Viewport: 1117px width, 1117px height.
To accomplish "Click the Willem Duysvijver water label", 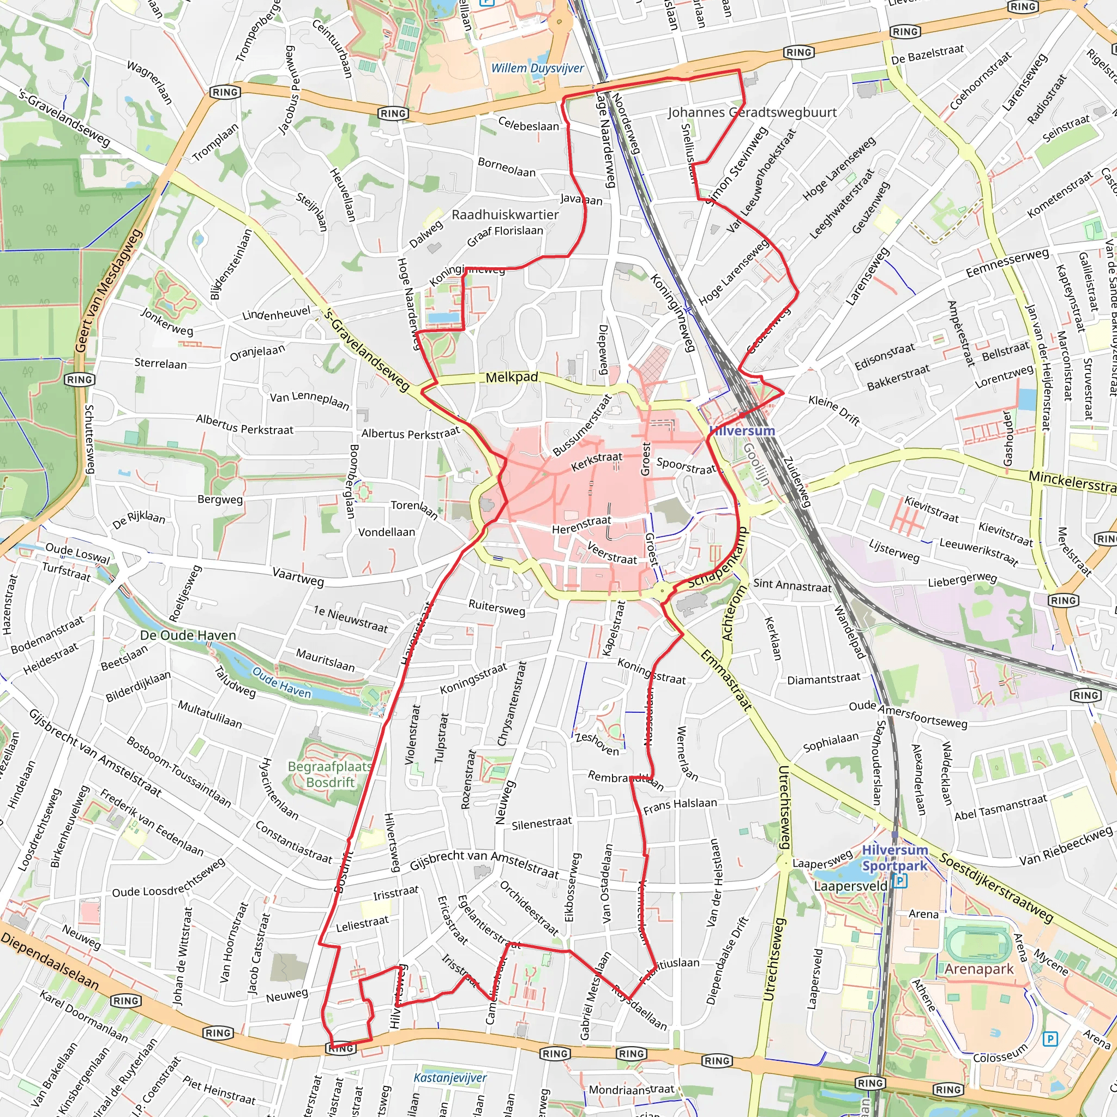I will click(537, 68).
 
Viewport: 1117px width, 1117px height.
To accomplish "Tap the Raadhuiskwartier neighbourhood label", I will click(505, 215).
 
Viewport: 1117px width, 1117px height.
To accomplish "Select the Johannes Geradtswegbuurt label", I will click(752, 112).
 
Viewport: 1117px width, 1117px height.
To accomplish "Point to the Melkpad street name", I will click(512, 377).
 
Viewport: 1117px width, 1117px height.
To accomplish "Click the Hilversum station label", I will click(742, 431).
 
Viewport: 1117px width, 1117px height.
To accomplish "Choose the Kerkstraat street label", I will click(597, 461).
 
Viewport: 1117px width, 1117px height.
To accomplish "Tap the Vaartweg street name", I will click(298, 576).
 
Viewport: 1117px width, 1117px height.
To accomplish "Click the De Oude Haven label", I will click(188, 635).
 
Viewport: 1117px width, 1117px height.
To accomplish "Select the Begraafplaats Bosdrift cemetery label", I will click(330, 774).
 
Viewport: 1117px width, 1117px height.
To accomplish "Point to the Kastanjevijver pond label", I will click(450, 1078).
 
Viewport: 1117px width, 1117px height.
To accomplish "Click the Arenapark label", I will click(979, 969).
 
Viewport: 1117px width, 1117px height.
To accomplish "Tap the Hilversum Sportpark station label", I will click(894, 858).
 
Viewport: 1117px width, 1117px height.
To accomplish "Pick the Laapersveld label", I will click(850, 886).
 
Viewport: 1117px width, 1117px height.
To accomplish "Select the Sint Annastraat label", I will click(792, 585).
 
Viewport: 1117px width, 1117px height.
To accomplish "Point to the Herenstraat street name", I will click(581, 524).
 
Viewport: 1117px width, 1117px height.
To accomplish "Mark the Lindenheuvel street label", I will click(276, 315).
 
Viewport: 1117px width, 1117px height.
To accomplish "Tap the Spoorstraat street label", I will click(686, 466).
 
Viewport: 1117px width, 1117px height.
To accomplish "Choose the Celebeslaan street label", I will click(529, 124).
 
